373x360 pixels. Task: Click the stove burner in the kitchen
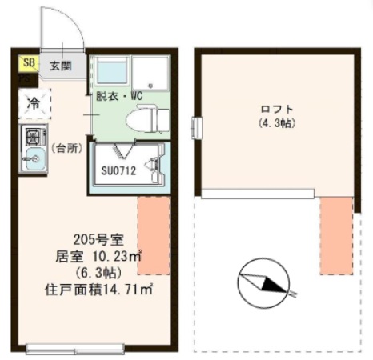click(x=34, y=134)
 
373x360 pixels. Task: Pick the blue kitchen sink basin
click(x=34, y=158)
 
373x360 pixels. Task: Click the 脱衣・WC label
click(x=118, y=97)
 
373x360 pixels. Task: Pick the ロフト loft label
click(x=277, y=109)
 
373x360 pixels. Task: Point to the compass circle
click(x=263, y=284)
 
